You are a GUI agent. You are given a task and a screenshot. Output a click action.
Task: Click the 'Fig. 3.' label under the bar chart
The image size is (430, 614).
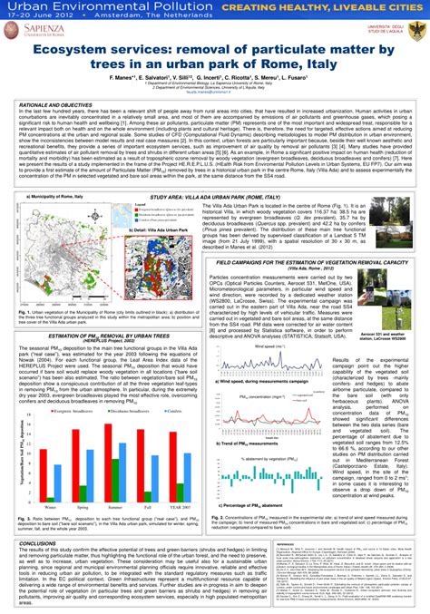pyautogui.click(x=27, y=518)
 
